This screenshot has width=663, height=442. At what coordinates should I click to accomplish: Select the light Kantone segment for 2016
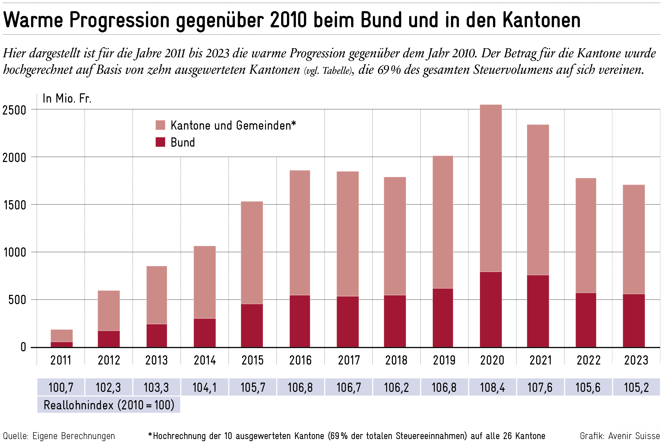(x=300, y=233)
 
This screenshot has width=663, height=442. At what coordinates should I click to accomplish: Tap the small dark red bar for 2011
(x=62, y=344)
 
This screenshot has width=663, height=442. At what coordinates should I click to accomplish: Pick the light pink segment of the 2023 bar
(x=634, y=239)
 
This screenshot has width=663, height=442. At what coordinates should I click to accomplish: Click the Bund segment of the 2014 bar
(x=205, y=333)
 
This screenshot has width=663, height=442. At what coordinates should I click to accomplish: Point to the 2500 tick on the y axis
(x=14, y=110)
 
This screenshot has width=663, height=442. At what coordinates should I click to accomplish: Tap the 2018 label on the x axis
(x=396, y=360)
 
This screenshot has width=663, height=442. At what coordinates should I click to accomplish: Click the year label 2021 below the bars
(x=540, y=360)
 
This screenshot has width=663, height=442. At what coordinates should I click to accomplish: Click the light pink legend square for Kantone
(x=160, y=125)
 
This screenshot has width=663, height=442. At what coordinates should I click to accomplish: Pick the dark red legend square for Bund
(x=160, y=142)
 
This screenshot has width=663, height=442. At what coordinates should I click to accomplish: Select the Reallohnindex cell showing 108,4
(x=492, y=387)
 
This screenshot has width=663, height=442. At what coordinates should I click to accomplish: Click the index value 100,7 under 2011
(x=61, y=387)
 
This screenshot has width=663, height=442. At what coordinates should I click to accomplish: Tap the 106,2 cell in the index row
(x=396, y=387)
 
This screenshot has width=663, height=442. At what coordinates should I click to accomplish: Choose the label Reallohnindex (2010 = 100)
(x=109, y=405)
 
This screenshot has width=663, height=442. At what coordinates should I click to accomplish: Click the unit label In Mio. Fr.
(x=67, y=98)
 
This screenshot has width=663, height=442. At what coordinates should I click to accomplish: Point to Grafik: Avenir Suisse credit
(x=620, y=436)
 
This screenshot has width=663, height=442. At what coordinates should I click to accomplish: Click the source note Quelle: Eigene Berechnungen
(x=59, y=436)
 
